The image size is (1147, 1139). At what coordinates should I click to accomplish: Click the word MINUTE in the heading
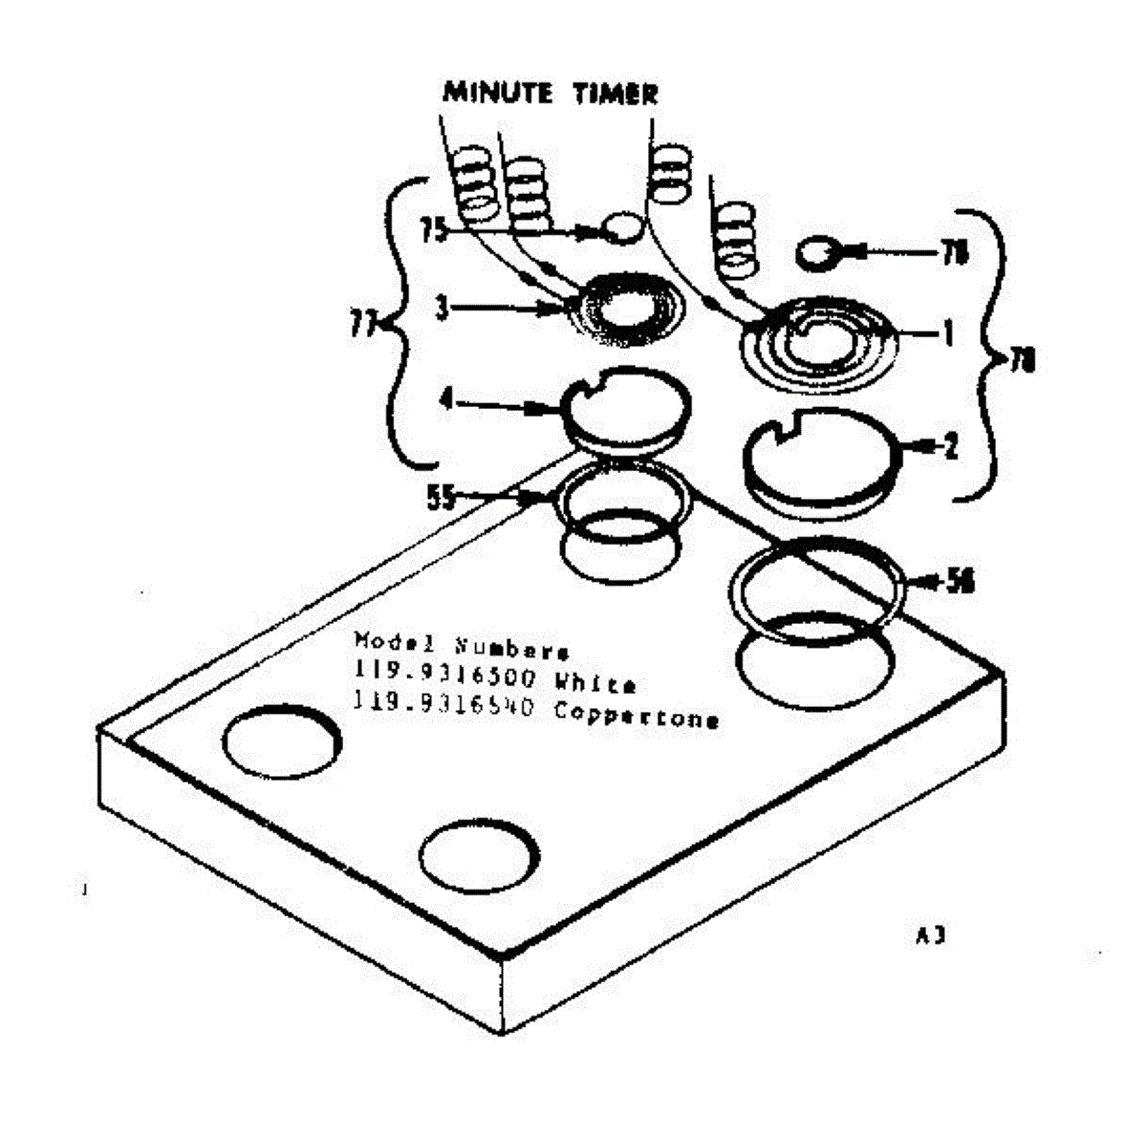498,93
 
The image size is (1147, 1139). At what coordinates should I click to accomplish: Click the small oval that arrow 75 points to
622,227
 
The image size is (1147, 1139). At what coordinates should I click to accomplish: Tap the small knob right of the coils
819,253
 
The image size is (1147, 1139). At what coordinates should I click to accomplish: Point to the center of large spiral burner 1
820,344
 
